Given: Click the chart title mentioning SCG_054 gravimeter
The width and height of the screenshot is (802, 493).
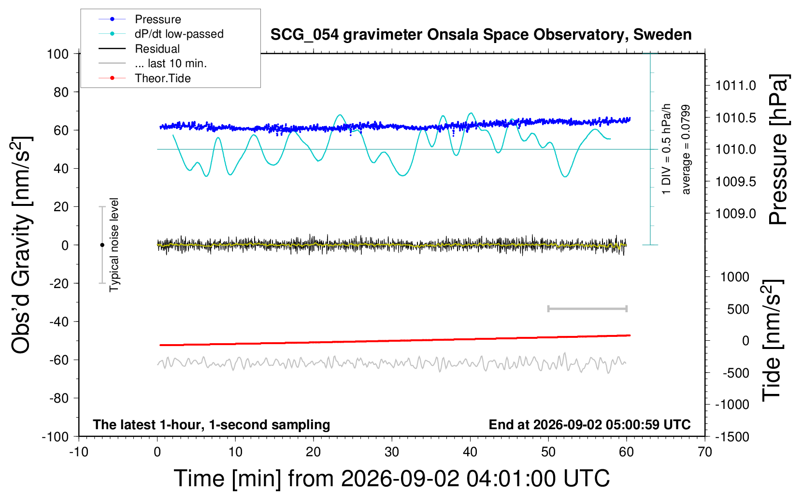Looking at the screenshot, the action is click(481, 35).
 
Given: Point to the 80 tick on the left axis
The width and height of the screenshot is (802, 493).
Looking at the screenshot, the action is click(61, 92).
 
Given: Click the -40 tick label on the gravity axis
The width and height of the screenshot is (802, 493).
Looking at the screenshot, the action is click(59, 322).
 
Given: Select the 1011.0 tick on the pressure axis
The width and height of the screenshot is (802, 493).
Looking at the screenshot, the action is click(735, 86).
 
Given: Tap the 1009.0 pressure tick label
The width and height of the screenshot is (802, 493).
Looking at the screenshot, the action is click(735, 214).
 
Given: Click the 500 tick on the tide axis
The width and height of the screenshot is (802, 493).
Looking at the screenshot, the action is click(738, 309).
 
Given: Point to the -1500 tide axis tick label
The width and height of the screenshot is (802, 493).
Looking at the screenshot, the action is click(732, 437).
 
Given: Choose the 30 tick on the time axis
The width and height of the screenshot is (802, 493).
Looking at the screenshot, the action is click(392, 452).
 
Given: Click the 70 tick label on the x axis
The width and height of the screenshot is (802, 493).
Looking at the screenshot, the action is click(704, 452).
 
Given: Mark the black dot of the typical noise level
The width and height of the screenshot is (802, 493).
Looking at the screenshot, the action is click(102, 245).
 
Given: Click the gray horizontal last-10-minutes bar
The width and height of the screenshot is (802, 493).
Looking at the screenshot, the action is click(587, 308).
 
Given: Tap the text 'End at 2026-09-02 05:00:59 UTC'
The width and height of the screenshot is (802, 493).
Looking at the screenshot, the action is click(590, 424).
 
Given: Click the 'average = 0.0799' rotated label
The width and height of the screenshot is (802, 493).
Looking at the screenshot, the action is click(686, 150).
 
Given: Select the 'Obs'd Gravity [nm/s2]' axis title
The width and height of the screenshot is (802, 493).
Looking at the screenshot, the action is click(21, 245).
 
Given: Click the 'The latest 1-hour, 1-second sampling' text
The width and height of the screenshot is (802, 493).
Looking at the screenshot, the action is click(211, 424).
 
